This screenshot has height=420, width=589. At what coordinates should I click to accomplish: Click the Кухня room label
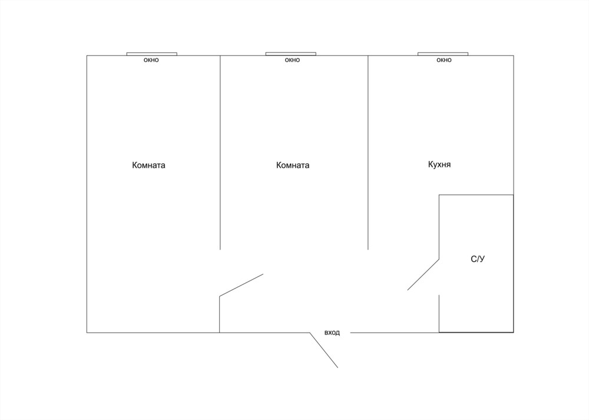(x=439, y=165)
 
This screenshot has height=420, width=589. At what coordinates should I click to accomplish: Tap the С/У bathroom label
(x=478, y=259)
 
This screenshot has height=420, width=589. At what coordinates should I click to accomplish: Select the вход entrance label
(x=332, y=333)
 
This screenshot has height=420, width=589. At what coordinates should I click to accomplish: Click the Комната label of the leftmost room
(x=149, y=165)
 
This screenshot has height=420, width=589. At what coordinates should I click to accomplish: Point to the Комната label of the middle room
(x=293, y=165)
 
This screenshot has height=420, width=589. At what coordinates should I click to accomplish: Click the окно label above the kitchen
(x=444, y=60)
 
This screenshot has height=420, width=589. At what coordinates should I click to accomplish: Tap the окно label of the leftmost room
(x=151, y=60)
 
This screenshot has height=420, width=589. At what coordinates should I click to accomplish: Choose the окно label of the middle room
(x=292, y=60)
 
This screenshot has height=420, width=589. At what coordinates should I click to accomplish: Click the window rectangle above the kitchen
(x=443, y=54)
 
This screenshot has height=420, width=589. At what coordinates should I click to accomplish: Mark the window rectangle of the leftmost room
(x=152, y=54)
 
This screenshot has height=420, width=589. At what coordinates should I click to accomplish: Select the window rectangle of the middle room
(x=291, y=54)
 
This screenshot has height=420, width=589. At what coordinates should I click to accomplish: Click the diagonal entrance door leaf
(x=324, y=350)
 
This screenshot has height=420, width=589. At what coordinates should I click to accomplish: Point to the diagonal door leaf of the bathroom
(x=423, y=274)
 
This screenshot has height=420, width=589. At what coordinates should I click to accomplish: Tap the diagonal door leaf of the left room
(x=241, y=286)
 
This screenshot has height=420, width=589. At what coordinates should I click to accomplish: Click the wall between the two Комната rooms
(x=220, y=152)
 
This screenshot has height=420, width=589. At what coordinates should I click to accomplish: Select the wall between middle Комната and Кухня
(x=368, y=152)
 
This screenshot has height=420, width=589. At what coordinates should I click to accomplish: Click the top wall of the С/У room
(x=477, y=195)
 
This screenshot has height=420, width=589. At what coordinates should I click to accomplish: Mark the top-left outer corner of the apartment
(x=87, y=55)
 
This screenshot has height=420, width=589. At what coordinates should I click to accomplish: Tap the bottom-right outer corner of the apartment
(x=514, y=332)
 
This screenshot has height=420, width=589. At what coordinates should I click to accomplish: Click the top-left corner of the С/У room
(x=439, y=195)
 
